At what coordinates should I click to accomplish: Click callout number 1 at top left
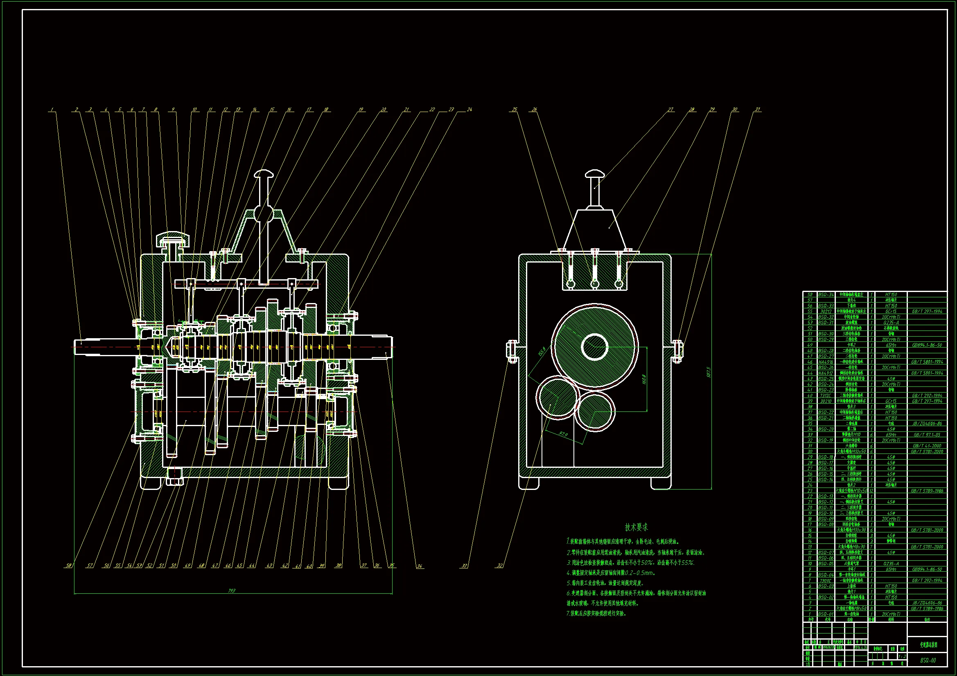click(x=52, y=110)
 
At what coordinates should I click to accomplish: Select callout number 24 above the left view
click(x=470, y=110)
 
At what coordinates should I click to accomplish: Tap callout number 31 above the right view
click(x=757, y=110)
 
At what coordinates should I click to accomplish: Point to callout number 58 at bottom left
click(x=69, y=566)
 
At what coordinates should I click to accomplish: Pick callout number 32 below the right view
click(x=500, y=566)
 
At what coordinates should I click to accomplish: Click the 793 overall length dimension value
click(x=232, y=591)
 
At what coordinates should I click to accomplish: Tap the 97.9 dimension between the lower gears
click(x=564, y=434)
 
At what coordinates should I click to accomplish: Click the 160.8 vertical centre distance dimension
click(x=644, y=380)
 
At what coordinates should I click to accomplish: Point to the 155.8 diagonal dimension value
click(x=542, y=352)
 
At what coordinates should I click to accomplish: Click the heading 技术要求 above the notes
click(x=636, y=527)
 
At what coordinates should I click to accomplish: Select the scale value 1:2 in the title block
click(x=902, y=657)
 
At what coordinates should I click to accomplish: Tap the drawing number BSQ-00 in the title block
click(x=928, y=660)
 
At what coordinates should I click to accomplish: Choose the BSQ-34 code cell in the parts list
click(x=826, y=294)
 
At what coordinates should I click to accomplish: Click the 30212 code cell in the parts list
click(x=826, y=312)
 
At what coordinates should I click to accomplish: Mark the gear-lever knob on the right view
click(x=595, y=173)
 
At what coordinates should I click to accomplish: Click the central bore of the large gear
click(x=595, y=346)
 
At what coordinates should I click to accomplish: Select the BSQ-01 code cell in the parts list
click(x=826, y=614)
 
